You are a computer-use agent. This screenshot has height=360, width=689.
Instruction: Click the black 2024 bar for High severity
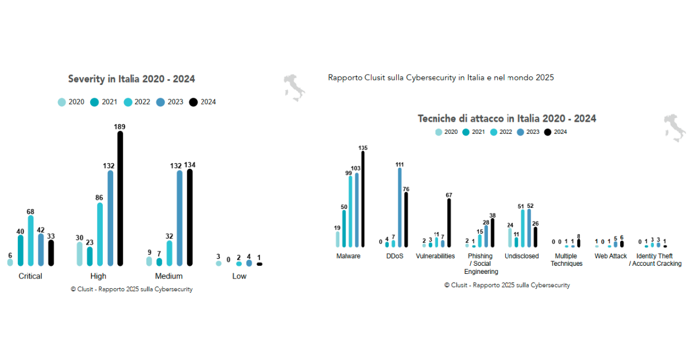[x=120, y=199]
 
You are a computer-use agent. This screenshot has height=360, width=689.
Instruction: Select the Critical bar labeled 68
[x=30, y=241]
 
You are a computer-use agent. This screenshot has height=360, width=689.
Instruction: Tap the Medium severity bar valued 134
[x=190, y=218]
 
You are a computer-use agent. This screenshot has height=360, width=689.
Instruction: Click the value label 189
[x=120, y=126]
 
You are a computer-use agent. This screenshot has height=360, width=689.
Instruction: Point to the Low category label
[x=239, y=276]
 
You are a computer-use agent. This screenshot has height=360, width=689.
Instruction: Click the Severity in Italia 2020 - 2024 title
[x=131, y=79]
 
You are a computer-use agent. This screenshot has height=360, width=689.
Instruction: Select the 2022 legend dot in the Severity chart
[x=127, y=102]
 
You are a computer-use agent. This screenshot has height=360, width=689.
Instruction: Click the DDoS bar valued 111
[x=400, y=207]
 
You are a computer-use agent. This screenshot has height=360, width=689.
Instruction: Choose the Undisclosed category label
[x=522, y=256]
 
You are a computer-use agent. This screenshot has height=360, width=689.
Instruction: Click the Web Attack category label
[x=611, y=256]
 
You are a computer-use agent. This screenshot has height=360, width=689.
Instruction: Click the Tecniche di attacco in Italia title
[x=506, y=119]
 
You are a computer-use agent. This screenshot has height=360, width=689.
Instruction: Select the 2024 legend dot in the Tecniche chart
[x=547, y=132]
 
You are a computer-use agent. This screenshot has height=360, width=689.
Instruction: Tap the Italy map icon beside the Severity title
[x=295, y=87]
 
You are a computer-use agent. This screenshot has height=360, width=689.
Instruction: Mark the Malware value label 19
[x=338, y=228]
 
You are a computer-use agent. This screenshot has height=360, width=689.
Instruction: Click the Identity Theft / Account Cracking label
[x=655, y=260]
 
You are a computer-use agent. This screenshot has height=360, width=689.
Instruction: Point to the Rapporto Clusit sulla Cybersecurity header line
[x=440, y=78]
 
